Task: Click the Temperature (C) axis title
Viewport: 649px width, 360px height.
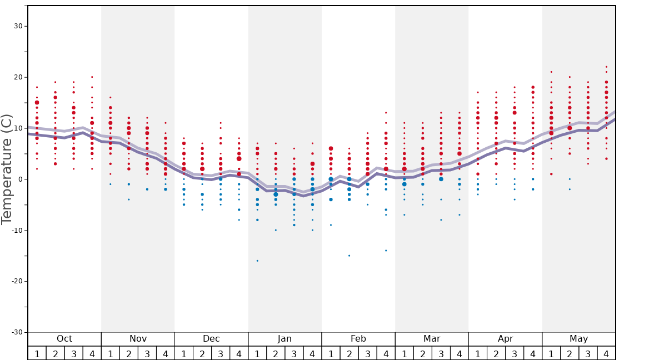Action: click(x=7, y=169)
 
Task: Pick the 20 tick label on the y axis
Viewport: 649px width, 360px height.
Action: click(x=18, y=77)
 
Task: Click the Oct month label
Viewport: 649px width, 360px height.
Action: click(x=64, y=339)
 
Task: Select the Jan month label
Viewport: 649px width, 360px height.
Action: click(x=284, y=339)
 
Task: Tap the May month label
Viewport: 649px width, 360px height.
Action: click(x=578, y=339)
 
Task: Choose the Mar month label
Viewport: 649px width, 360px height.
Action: click(x=432, y=339)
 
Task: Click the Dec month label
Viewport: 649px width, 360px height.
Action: click(x=211, y=339)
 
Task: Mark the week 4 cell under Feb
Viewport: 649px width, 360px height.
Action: click(x=386, y=353)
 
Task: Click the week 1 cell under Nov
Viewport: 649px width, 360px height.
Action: click(x=110, y=353)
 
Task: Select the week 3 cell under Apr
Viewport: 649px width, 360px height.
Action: click(x=515, y=353)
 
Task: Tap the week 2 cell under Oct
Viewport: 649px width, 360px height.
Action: click(x=55, y=353)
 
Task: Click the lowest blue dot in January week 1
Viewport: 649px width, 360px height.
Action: click(x=257, y=261)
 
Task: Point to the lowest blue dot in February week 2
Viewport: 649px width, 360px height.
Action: click(x=349, y=256)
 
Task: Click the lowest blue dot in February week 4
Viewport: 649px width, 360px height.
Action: click(x=386, y=251)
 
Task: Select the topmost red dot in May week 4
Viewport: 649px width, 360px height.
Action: click(x=606, y=67)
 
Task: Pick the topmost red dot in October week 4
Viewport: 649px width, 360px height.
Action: click(x=92, y=77)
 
